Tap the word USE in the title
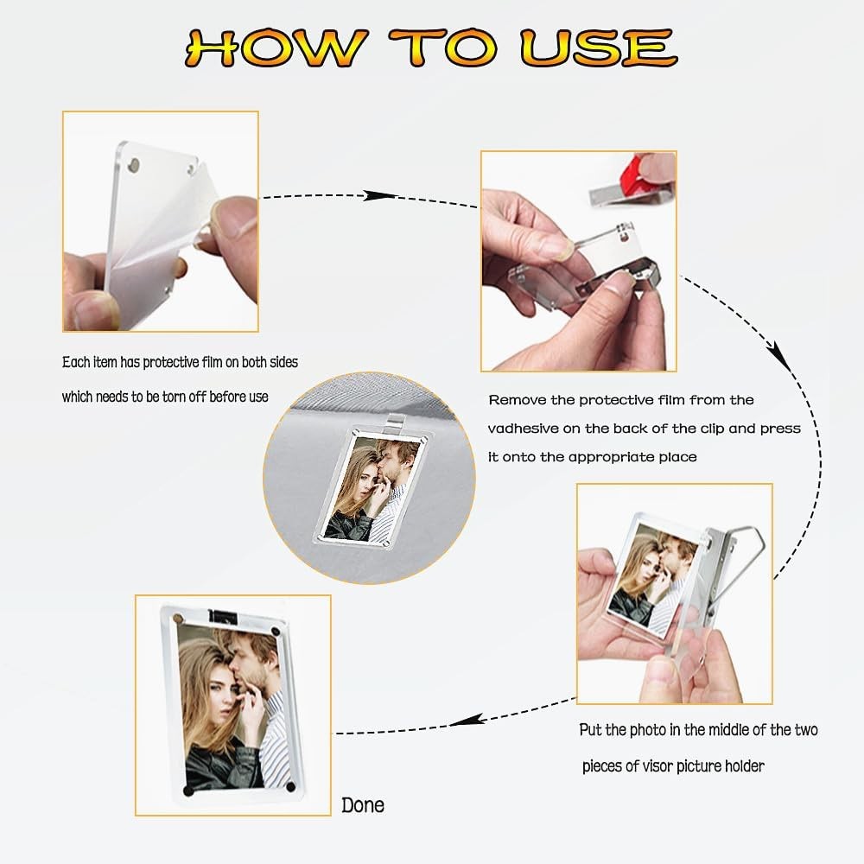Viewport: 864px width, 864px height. (599, 48)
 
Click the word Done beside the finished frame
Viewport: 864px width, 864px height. (363, 805)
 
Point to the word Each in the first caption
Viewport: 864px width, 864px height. (75, 362)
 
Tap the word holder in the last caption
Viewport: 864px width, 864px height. (744, 766)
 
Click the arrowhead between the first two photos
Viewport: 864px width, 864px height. (379, 195)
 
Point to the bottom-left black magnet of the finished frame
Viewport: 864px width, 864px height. (188, 791)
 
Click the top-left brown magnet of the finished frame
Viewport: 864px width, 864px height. (177, 619)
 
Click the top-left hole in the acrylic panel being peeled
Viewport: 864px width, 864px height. (134, 164)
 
